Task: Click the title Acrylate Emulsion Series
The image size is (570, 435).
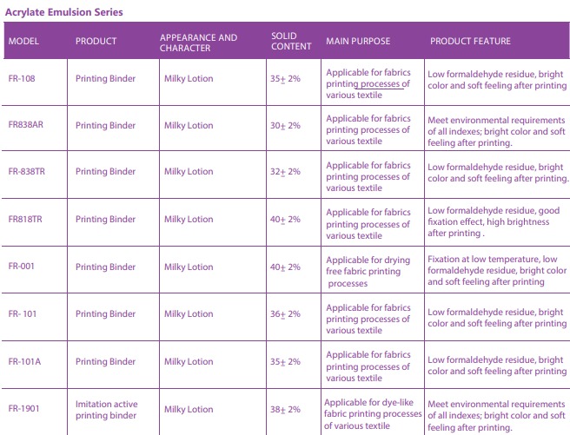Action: click(63, 12)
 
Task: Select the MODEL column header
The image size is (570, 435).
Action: click(23, 42)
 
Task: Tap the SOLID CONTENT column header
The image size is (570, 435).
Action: click(291, 41)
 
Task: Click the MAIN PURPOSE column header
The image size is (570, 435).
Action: click(358, 42)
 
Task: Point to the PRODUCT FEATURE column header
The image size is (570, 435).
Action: click(470, 42)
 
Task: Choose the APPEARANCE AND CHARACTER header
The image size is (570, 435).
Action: click(198, 42)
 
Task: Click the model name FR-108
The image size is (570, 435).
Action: click(23, 79)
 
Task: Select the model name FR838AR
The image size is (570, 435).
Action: click(26, 125)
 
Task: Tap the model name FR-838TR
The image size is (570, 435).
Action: click(26, 172)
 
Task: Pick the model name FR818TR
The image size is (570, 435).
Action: click(25, 220)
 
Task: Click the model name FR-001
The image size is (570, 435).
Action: click(22, 267)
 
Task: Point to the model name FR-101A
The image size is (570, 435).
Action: click(25, 361)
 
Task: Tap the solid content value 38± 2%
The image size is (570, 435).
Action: click(285, 409)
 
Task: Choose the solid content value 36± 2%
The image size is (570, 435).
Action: click(285, 314)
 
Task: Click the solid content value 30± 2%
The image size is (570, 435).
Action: click(285, 125)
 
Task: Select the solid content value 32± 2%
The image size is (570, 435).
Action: click(285, 172)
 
